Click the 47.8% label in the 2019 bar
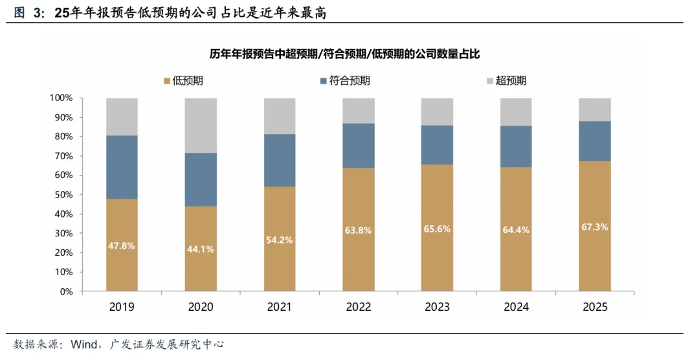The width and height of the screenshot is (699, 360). (122, 247)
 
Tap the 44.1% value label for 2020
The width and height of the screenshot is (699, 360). (201, 250)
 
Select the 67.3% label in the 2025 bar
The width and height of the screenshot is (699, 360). (594, 227)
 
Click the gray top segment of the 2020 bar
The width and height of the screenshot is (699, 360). (201, 125)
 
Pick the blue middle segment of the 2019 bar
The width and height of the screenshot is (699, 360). (122, 167)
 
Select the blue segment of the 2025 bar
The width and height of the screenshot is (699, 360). (594, 141)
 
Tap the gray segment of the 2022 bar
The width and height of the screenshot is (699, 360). (358, 111)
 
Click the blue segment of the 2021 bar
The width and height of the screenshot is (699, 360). (280, 160)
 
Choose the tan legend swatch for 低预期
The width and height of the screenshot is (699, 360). (167, 81)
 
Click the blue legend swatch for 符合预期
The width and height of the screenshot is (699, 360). (324, 81)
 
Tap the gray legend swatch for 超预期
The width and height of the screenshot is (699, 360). (490, 81)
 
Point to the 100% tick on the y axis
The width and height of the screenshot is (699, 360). (61, 98)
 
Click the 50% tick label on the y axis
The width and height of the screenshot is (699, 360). (64, 195)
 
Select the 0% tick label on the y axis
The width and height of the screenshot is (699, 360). (67, 291)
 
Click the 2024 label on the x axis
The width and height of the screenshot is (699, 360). (516, 307)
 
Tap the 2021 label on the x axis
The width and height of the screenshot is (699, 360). (280, 307)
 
